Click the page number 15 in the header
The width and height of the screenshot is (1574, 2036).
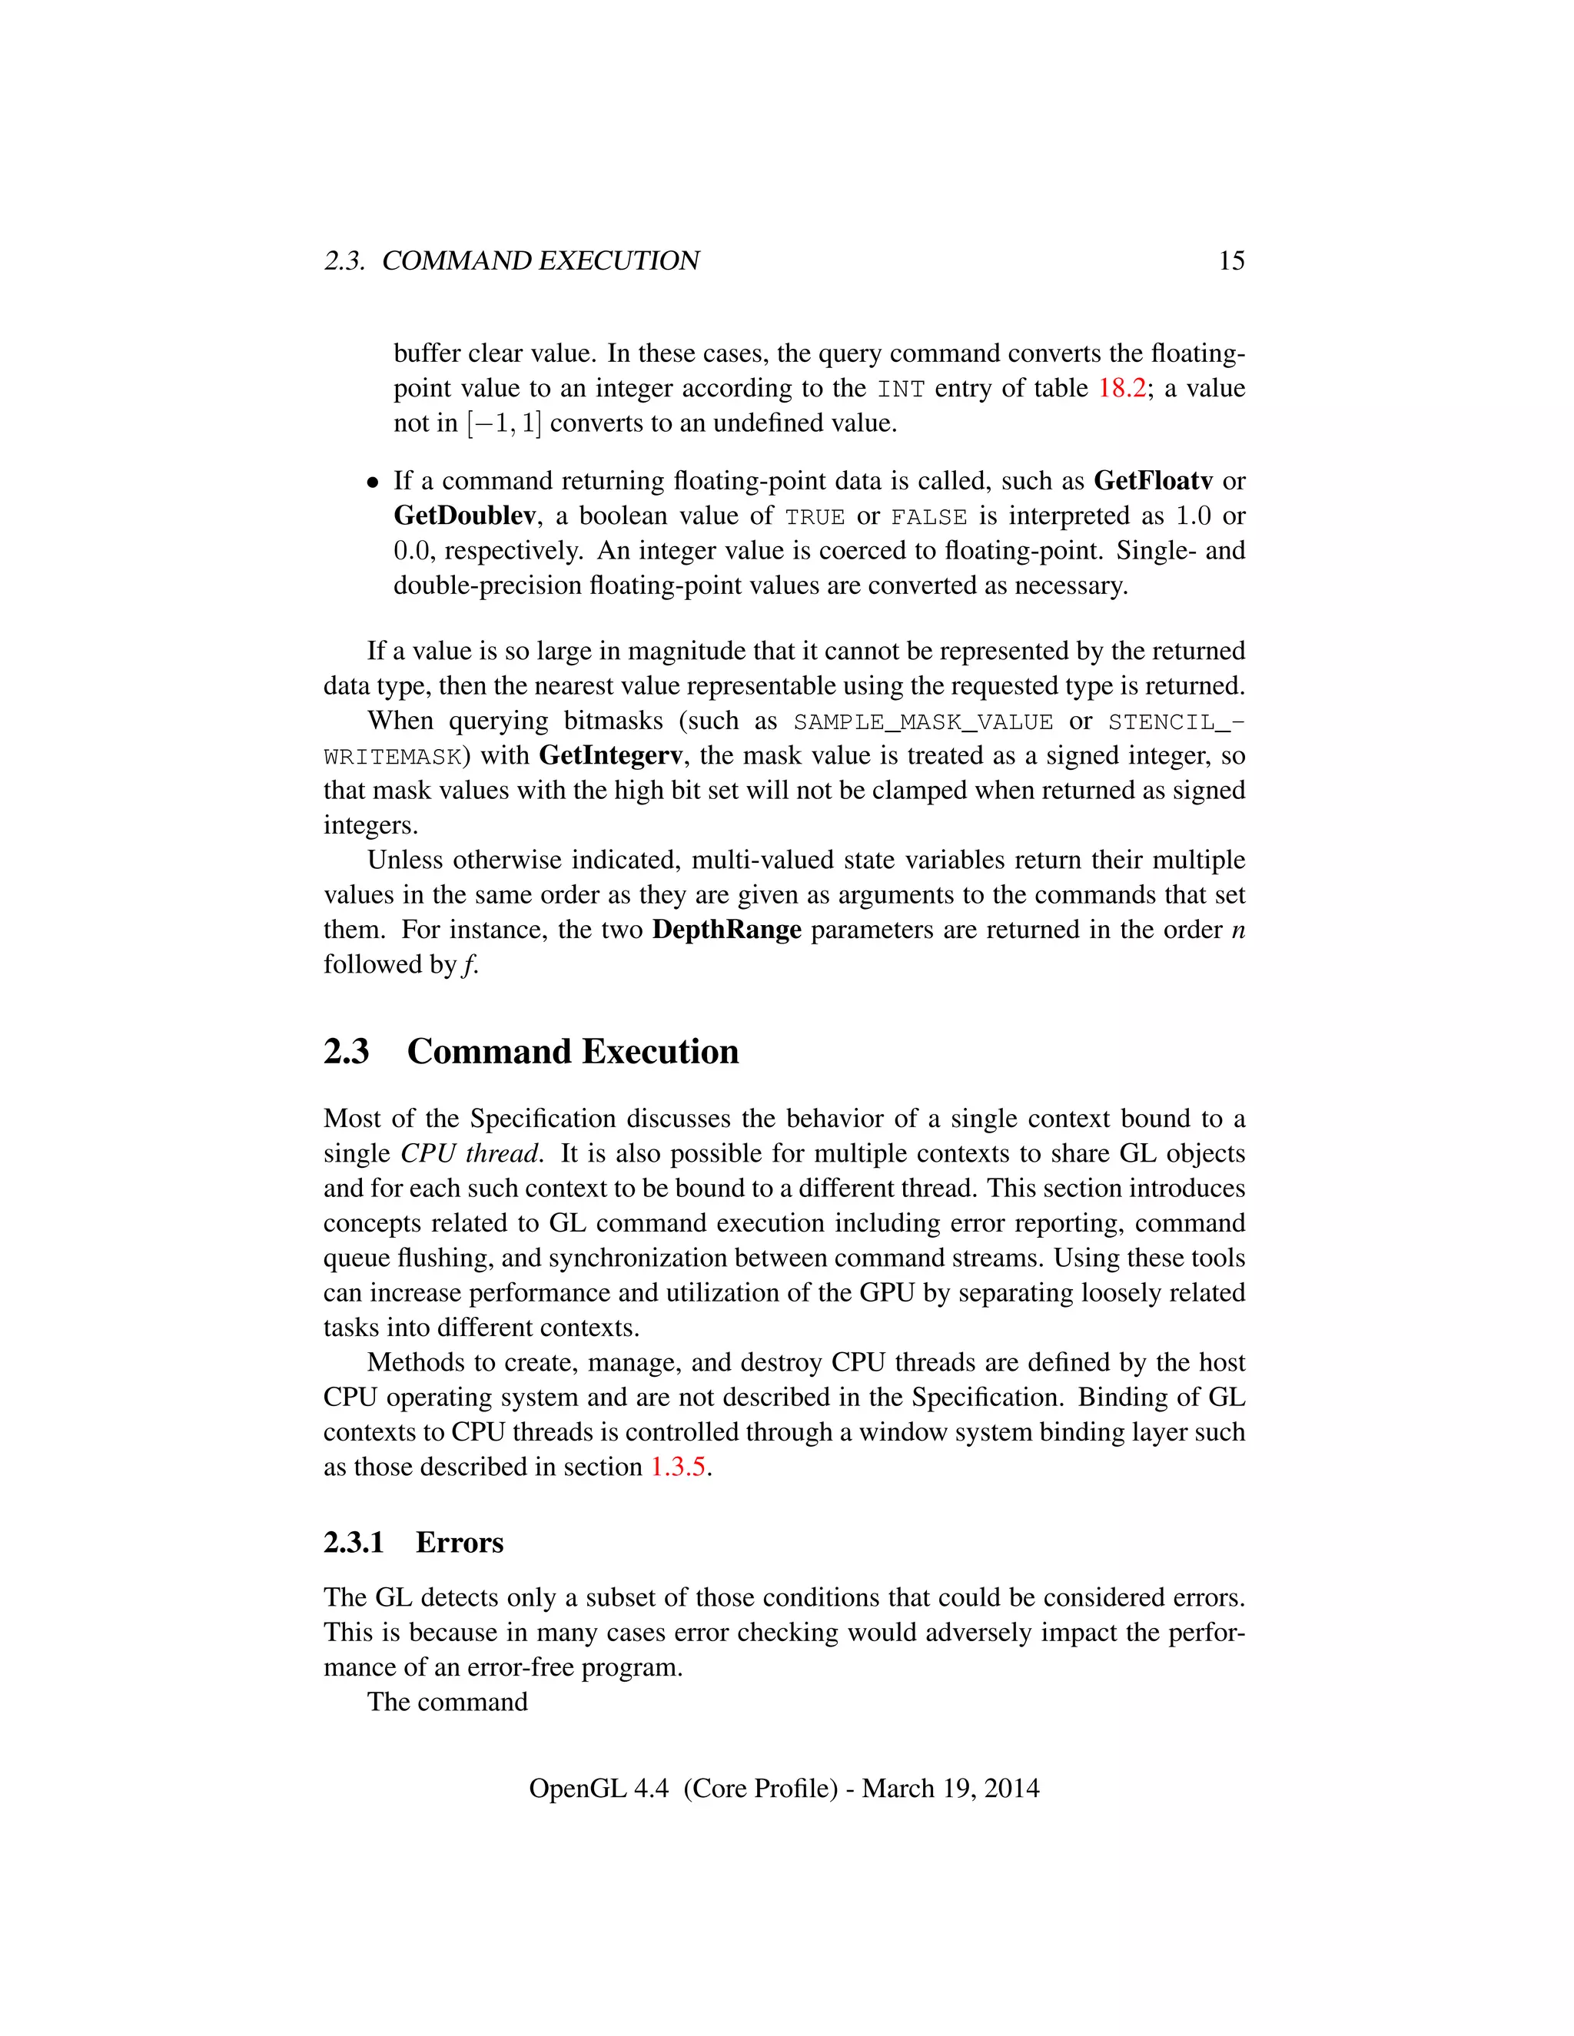[x=1231, y=261]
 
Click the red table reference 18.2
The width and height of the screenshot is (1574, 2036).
[x=1122, y=388]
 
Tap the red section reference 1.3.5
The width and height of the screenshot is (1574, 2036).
[x=678, y=1467]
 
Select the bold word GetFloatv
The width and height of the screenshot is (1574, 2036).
[x=1153, y=481]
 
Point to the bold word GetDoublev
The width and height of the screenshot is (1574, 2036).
[x=464, y=516]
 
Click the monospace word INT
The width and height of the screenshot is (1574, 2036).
[x=900, y=389]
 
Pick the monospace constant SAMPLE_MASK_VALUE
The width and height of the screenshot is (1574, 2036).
[x=923, y=721]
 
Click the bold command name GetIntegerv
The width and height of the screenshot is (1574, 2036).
[x=611, y=755]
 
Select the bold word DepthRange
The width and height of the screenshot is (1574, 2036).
[x=726, y=930]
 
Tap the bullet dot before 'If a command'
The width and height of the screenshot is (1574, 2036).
[x=373, y=483]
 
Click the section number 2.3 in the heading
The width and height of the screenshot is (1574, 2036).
[x=346, y=1052]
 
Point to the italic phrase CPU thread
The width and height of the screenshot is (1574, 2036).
[x=470, y=1153]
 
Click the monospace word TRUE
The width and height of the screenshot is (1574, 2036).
[x=815, y=516]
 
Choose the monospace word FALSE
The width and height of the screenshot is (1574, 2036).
[x=928, y=516]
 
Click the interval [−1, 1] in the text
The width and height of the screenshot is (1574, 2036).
[x=503, y=423]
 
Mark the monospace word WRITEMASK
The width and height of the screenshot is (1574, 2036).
[x=393, y=756]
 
